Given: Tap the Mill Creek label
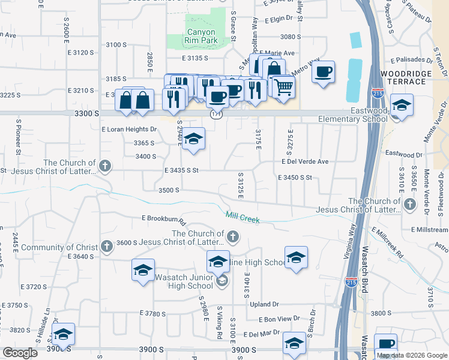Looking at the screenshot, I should click(243, 217).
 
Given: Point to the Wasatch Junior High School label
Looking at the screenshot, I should click(176, 281).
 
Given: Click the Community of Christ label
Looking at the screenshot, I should click(58, 247).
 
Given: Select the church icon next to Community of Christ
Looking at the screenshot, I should click(106, 246).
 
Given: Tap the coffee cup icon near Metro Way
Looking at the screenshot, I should click(324, 72).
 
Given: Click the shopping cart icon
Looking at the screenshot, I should click(284, 86).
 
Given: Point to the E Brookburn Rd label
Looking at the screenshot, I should click(164, 218).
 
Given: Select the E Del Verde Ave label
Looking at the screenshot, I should click(306, 161).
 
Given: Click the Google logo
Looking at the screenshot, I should click(20, 352).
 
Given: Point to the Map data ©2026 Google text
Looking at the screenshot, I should click(412, 355).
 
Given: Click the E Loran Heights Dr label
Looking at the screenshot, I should click(129, 129).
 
